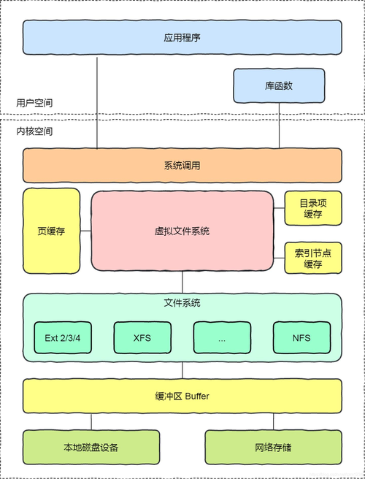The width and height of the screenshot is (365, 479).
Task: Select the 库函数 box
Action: [x=278, y=86]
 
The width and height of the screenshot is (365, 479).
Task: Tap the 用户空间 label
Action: [x=34, y=103]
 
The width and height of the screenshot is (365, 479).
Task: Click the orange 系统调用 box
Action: [x=182, y=166]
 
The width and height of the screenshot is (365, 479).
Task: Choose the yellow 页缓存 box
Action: [x=51, y=231]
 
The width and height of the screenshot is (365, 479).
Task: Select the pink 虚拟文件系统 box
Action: [x=182, y=231]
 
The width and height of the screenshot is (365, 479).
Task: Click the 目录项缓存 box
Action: [x=312, y=209]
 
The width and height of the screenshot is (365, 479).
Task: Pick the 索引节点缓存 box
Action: [x=312, y=258]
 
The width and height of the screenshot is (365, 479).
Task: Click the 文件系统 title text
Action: [x=182, y=302]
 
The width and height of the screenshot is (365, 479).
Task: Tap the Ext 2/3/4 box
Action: [x=63, y=337]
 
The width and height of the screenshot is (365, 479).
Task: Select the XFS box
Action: [x=142, y=337]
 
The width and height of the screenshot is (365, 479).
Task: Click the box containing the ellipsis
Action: [x=222, y=337]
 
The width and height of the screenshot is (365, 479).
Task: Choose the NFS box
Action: [x=301, y=337]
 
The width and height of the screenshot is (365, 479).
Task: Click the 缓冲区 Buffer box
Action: [x=182, y=396]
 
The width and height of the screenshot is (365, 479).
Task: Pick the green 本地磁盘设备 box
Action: [x=91, y=447]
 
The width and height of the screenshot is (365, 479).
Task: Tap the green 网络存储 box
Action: [x=273, y=447]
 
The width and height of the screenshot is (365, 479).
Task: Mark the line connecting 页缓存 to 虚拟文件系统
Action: [x=85, y=232]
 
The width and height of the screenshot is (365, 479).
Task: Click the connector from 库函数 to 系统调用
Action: [x=278, y=126]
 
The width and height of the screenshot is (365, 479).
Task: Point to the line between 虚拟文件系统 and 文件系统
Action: [x=182, y=282]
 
